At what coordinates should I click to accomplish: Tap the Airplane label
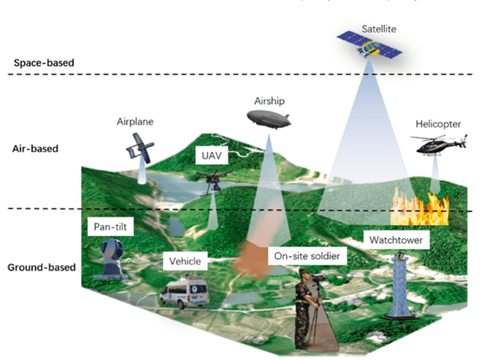coord(136,122)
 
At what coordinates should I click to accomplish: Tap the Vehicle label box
coord(187,261)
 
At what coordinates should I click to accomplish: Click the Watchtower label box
coord(396,239)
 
